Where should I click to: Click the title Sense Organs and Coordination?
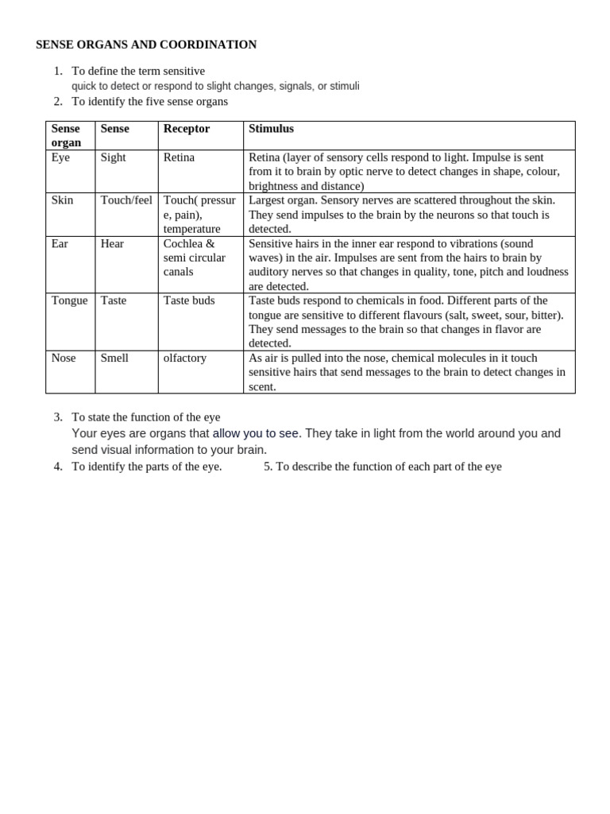146,45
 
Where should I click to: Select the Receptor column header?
187,128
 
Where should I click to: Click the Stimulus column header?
271,128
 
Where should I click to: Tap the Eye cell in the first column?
60,157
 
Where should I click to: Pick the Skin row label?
62,200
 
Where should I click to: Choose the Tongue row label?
69,300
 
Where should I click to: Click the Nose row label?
64,358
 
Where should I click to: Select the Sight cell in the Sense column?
113,157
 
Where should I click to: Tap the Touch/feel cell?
126,200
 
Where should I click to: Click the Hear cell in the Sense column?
112,243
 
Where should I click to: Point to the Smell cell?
114,358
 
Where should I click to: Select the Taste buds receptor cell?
189,300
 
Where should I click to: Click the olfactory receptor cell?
185,358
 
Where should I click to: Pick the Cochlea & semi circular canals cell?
195,258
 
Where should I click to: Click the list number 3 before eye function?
58,417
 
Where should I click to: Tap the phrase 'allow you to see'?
256,433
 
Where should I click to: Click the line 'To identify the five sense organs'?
149,101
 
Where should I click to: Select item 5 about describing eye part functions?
383,467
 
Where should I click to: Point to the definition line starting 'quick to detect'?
215,86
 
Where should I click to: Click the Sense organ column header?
66,135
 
